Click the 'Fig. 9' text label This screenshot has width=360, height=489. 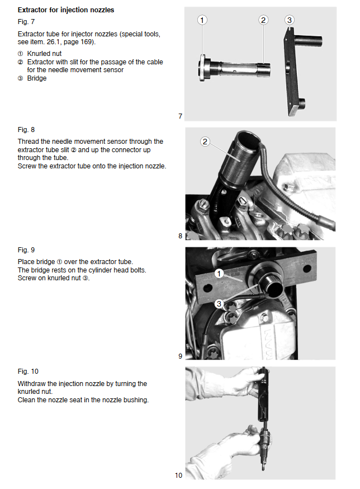pos(26,250)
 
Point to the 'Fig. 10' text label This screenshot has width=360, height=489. pos(27,372)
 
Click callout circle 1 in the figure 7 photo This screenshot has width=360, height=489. pos(202,20)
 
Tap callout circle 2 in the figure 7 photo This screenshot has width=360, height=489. pos(263,20)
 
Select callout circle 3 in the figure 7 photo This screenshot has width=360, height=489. pos(289,20)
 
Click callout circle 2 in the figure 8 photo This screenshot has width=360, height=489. pos(205,142)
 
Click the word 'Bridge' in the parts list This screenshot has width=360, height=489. pos(37,78)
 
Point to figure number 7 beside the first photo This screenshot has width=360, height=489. pos(180,116)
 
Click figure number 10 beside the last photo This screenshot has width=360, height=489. pos(178,476)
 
